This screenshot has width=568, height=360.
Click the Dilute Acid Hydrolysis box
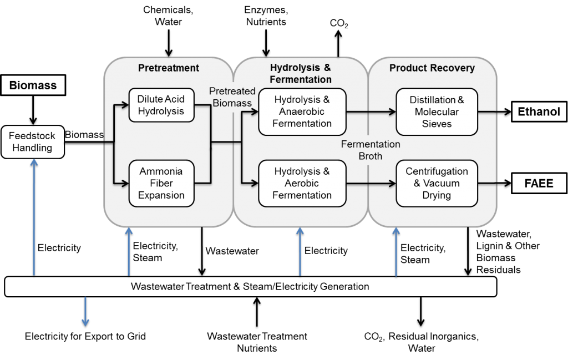click(160, 105)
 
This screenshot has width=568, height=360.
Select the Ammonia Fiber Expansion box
click(161, 183)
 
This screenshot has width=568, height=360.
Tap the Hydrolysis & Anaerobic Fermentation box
click(302, 111)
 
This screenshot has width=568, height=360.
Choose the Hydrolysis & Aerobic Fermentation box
click(302, 183)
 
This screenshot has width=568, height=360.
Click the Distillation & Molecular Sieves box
click(437, 111)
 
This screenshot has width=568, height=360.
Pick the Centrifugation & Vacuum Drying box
click(437, 183)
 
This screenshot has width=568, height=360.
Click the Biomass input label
click(33, 86)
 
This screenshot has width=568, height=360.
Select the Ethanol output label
click(538, 111)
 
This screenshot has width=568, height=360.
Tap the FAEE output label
click(538, 182)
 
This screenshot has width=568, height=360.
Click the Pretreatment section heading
click(168, 68)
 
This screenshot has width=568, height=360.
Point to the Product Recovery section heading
click(432, 68)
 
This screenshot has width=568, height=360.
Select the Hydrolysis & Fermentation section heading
click(300, 73)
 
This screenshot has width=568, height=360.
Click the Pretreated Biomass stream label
click(232, 97)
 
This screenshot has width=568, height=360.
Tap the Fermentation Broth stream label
click(370, 150)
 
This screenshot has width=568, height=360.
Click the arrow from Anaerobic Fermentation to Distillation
click(371, 111)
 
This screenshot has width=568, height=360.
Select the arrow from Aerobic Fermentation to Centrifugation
click(371, 182)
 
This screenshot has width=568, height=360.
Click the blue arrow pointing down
click(85, 311)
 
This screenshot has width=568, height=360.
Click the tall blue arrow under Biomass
click(34, 216)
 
